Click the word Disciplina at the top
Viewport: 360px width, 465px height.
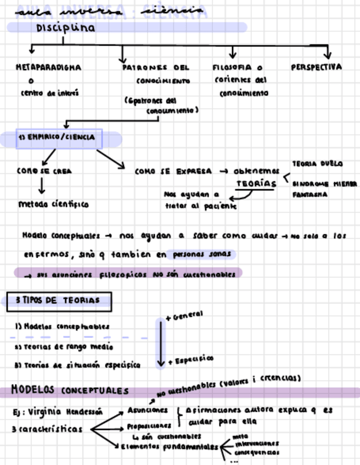tap(65, 28)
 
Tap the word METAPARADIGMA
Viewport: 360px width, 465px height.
tap(48, 67)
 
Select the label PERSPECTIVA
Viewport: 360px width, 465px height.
tap(316, 67)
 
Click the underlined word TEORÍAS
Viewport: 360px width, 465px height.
tap(256, 184)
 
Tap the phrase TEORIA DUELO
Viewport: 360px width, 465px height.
tap(318, 163)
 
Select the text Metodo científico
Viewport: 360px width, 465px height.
tap(53, 205)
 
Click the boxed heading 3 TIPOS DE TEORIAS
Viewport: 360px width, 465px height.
tap(59, 300)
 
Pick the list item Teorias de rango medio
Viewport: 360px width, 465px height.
tap(64, 347)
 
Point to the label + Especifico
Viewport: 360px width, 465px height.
tap(190, 360)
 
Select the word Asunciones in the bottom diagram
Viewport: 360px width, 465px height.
tap(148, 410)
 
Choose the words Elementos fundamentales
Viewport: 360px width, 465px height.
tap(168, 447)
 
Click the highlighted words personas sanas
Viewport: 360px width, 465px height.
tap(203, 254)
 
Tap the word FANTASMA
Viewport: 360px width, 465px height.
tap(310, 194)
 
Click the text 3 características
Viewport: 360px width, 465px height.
tap(47, 429)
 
